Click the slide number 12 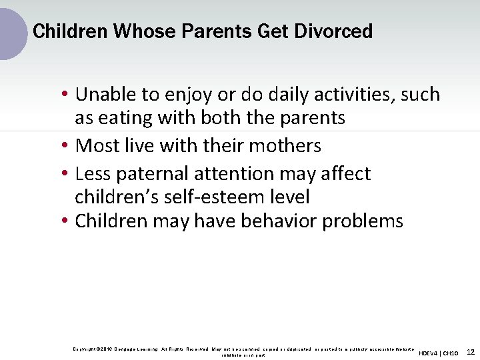pyautogui.click(x=470, y=351)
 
